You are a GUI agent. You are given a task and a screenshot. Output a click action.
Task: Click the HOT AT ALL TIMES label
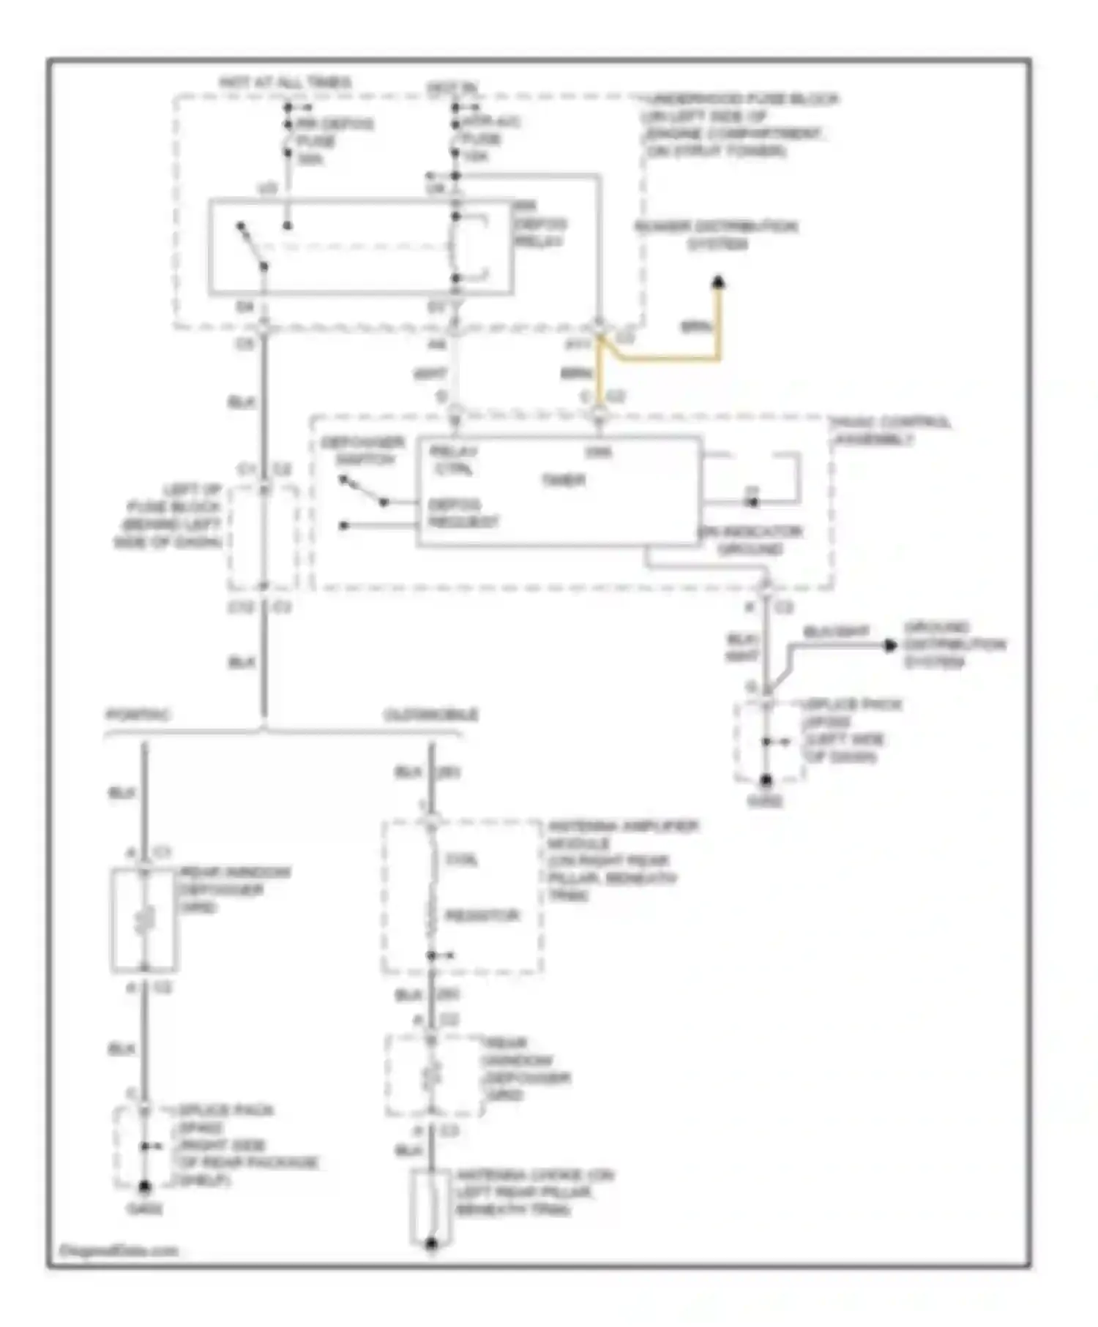tap(285, 83)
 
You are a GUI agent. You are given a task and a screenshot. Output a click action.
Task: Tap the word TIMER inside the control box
tap(563, 481)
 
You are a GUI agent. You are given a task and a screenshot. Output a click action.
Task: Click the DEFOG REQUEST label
tap(463, 514)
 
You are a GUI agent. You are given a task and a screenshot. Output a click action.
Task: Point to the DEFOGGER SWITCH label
tap(363, 451)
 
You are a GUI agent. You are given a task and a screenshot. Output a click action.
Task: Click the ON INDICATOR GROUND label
tap(751, 540)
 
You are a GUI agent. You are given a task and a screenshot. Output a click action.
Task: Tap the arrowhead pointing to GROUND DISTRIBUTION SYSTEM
tap(890, 645)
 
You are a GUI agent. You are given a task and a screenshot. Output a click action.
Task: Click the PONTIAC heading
tap(138, 714)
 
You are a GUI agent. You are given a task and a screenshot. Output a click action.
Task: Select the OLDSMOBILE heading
tap(431, 714)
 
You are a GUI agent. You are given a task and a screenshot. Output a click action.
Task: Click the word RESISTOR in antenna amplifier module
tap(482, 916)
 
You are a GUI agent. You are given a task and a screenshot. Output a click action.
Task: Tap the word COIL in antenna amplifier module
tap(462, 860)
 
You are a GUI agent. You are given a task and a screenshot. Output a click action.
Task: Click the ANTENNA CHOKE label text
tap(534, 1192)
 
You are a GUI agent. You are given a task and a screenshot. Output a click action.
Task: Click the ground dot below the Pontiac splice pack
tap(145, 1186)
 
